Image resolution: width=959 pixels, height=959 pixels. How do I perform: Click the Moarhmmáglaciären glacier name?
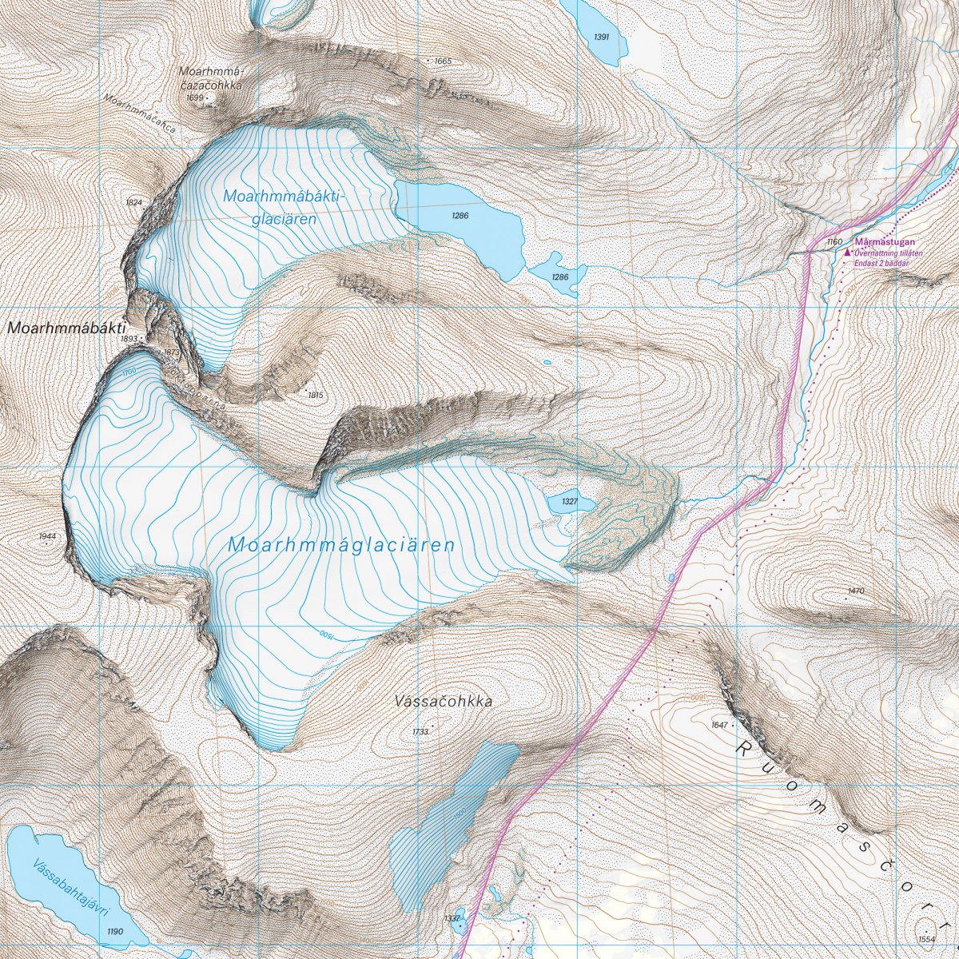[x=341, y=545]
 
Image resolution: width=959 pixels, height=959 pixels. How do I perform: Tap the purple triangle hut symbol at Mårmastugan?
[x=849, y=252]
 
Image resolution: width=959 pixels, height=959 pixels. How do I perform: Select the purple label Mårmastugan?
[x=884, y=241]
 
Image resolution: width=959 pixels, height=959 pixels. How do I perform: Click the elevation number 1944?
[x=48, y=535]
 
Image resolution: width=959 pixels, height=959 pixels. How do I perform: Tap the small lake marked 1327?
[x=570, y=502]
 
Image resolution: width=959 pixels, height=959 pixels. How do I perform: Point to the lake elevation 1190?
[x=115, y=932]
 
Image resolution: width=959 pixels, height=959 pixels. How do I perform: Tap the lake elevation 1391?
[x=602, y=38]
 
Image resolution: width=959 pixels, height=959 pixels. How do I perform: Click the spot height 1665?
[x=443, y=62]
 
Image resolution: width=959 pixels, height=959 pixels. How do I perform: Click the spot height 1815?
[x=315, y=395]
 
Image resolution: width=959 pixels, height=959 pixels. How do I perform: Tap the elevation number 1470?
[x=856, y=591]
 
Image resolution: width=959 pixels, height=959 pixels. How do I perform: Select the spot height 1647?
[x=718, y=725]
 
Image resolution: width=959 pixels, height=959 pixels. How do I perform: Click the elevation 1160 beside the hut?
[x=834, y=241]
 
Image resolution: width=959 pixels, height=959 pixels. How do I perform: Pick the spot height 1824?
[x=133, y=203]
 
